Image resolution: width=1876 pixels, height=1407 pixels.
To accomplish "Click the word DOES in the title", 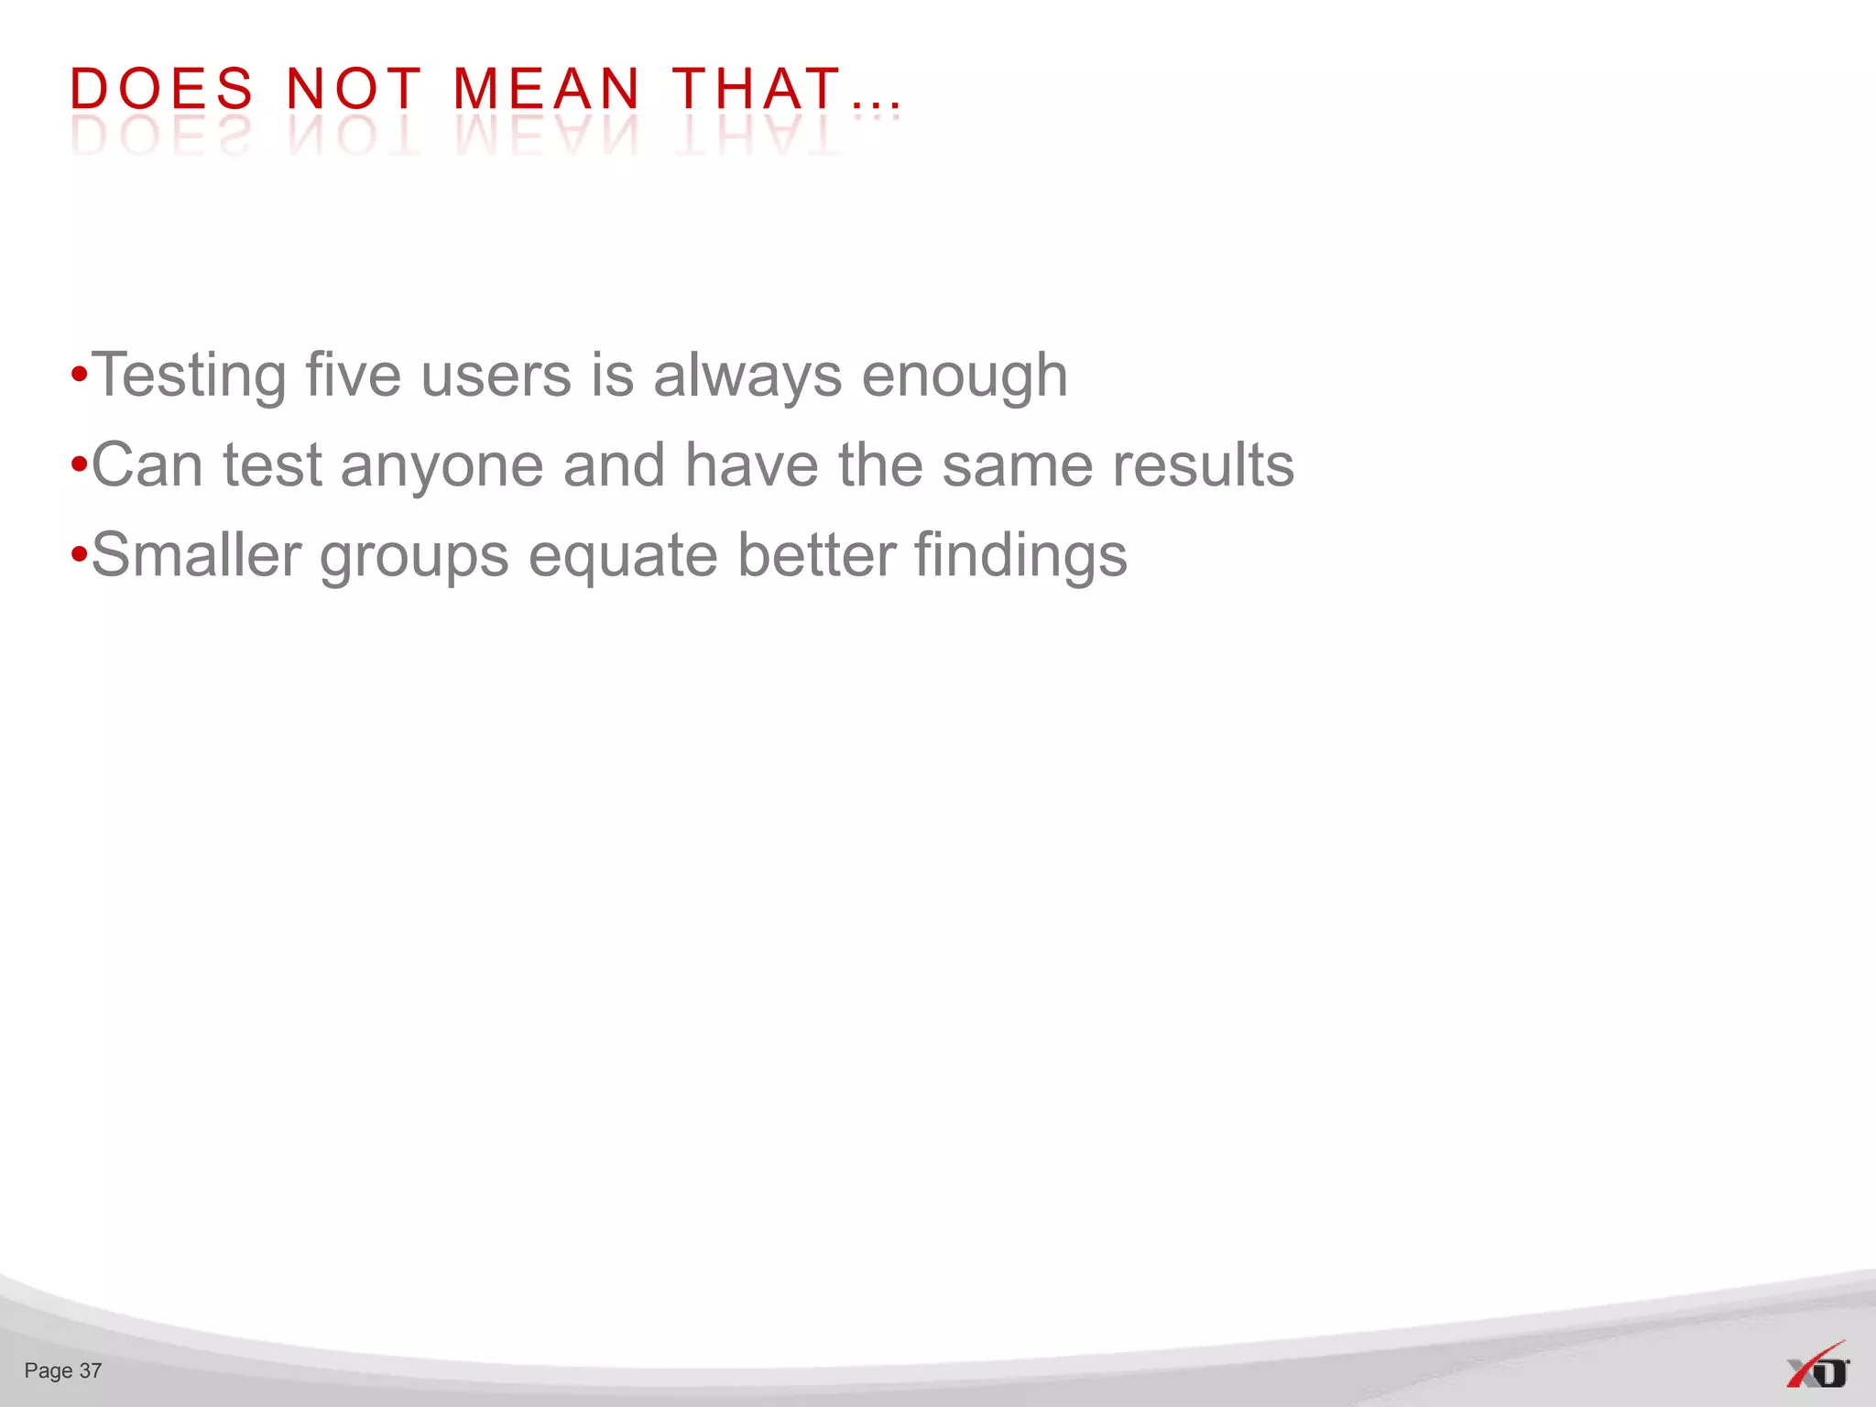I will (161, 90).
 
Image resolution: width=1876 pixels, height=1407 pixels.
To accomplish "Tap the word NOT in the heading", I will (354, 90).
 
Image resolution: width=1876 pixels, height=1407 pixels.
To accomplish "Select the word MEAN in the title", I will (546, 90).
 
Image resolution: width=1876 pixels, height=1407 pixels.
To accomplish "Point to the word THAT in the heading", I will (757, 90).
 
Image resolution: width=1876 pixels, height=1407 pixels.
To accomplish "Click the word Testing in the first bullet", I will (189, 376).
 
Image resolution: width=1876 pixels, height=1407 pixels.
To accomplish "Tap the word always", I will (747, 376).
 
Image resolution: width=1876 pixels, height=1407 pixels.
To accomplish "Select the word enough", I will (965, 376).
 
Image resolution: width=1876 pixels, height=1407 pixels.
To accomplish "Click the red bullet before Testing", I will (79, 376).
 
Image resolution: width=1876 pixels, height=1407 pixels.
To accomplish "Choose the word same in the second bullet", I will (1018, 465).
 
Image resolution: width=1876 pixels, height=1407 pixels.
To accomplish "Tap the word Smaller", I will (196, 555).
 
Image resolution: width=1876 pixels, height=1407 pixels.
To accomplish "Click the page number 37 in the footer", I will (91, 1370).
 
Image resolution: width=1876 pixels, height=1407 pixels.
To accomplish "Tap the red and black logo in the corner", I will (1817, 1368).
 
